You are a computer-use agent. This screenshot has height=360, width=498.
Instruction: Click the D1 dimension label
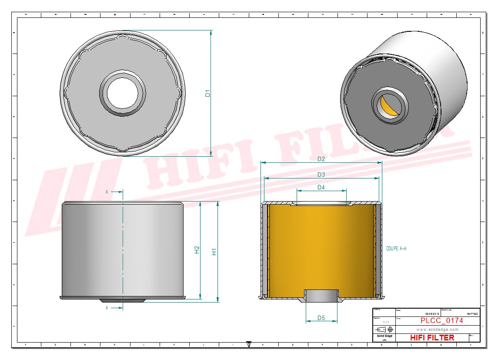click(208, 93)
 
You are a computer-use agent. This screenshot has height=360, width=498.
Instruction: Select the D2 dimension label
click(321, 159)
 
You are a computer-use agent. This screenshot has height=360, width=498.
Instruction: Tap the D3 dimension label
click(321, 175)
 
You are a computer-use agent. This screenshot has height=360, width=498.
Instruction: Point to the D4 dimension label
click(321, 187)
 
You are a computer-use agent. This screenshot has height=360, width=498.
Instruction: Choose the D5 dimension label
click(321, 318)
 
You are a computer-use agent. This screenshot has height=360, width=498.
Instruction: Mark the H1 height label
click(214, 252)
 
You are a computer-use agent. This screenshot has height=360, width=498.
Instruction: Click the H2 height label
click(197, 250)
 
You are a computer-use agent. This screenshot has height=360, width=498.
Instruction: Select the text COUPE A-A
click(396, 249)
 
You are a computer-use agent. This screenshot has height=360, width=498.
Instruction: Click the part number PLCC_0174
click(441, 321)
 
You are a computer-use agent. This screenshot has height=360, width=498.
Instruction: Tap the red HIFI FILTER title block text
click(432, 338)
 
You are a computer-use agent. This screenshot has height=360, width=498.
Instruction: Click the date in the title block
click(432, 314)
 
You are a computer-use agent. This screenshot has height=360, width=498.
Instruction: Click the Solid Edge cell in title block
click(384, 338)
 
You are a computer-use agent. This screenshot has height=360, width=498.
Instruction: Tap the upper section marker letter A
click(107, 192)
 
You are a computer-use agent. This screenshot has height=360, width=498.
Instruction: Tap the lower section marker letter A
click(107, 308)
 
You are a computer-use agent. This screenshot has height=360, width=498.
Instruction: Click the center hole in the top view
click(122, 93)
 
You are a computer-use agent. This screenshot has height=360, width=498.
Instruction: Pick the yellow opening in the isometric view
click(388, 107)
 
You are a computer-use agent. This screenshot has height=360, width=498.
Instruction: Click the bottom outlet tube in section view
click(321, 296)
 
